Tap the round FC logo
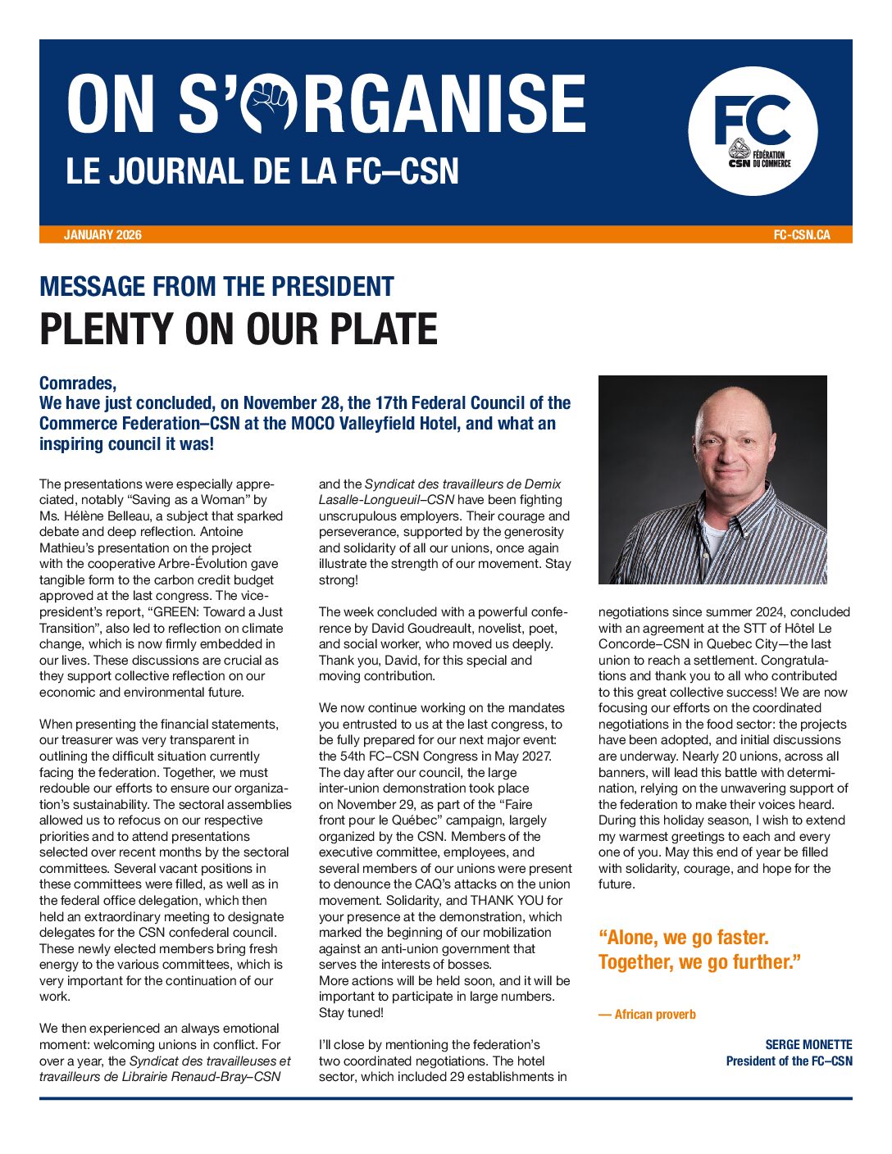pos(753,131)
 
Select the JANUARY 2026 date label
pos(102,235)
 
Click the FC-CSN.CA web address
pos(801,235)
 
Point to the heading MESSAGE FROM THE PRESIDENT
pos(216,287)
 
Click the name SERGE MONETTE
pos(808,1045)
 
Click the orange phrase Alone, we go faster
pos(683,938)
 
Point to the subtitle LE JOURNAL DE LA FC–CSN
pos(262,172)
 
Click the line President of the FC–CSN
pos(789,1061)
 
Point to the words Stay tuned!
pos(351,1013)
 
